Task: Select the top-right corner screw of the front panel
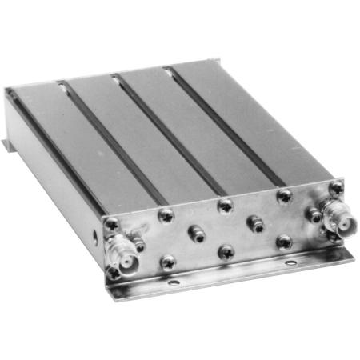(337, 187)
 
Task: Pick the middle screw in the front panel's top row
(225, 206)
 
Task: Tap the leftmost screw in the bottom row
(167, 262)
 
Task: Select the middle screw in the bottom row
(226, 252)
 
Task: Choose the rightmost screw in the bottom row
(284, 242)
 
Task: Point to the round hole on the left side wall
(96, 237)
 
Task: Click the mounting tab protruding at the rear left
(8, 147)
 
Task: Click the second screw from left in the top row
(167, 214)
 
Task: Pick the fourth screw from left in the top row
(283, 195)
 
